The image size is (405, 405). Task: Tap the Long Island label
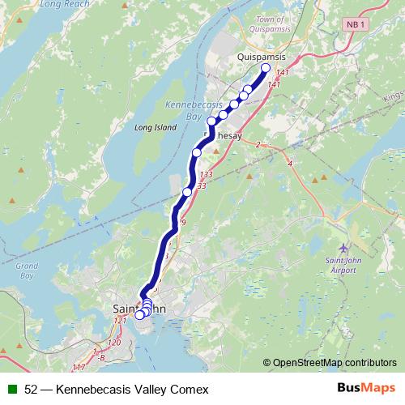click(150, 127)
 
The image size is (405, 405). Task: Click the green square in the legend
click(11, 390)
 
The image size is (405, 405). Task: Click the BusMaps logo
click(365, 389)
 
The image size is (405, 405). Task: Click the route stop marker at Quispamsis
click(266, 68)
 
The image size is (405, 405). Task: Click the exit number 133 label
click(205, 175)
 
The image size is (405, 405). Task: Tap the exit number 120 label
click(114, 343)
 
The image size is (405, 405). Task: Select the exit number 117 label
click(79, 369)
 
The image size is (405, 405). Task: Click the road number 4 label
click(289, 164)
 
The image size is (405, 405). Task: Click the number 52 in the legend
click(32, 390)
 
